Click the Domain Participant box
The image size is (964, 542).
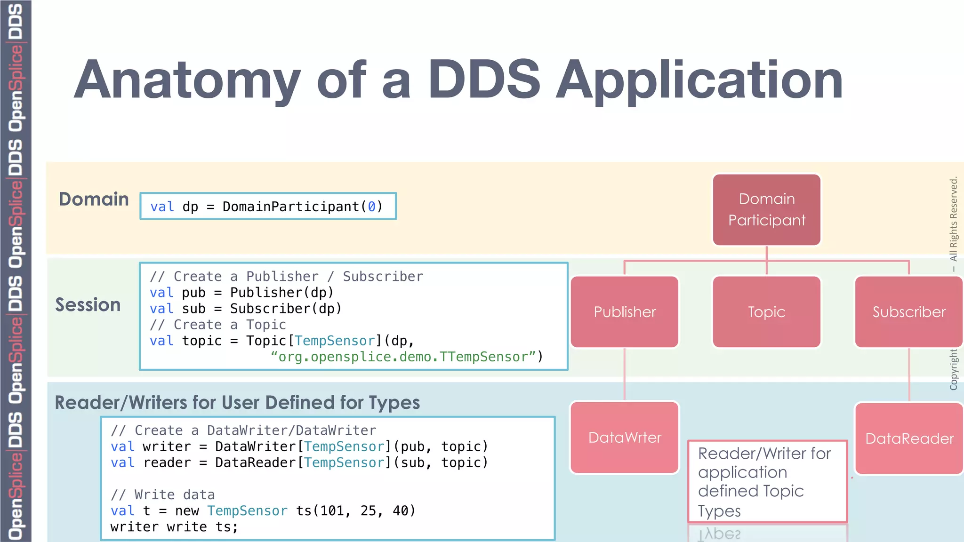tap(766, 210)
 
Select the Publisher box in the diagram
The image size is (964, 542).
tap(625, 312)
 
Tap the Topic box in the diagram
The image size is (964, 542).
tap(766, 312)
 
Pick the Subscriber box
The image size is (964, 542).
tap(908, 312)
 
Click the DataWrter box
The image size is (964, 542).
tap(625, 438)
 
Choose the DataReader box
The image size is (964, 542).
tap(909, 438)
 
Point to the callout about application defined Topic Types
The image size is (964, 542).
tap(767, 482)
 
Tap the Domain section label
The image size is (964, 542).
tap(94, 199)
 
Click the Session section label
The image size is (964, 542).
tap(88, 305)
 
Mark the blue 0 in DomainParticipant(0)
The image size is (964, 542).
tap(372, 207)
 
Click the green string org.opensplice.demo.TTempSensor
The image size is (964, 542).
tap(403, 357)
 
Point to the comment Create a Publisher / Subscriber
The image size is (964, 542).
tap(286, 277)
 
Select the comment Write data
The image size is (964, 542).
tap(162, 495)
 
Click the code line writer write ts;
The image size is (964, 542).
tap(174, 527)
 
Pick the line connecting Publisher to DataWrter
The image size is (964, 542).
tap(625, 374)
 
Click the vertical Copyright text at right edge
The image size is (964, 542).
tap(954, 369)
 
